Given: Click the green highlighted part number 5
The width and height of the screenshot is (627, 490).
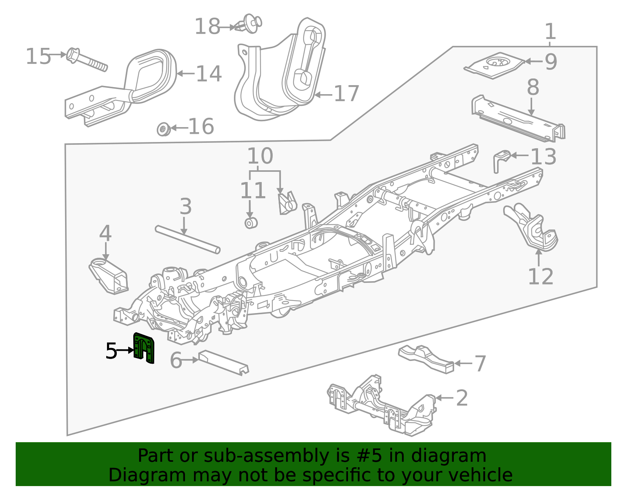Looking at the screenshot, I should click(143, 348).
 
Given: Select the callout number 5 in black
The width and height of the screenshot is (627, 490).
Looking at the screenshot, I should click(111, 351).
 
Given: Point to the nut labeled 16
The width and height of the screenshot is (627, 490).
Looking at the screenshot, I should click(163, 129).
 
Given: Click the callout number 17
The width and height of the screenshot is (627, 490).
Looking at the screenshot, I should click(346, 94).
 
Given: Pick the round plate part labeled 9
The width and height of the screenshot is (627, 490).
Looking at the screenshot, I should click(495, 65).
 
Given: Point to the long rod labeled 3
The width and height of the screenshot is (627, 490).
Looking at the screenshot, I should click(187, 239).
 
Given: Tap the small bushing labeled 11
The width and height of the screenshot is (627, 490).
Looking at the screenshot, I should click(251, 223).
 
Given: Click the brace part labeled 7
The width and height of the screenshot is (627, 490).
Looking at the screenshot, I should click(426, 357).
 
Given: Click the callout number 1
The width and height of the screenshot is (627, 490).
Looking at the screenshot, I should click(550, 31).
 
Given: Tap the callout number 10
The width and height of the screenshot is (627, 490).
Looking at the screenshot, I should click(260, 156).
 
